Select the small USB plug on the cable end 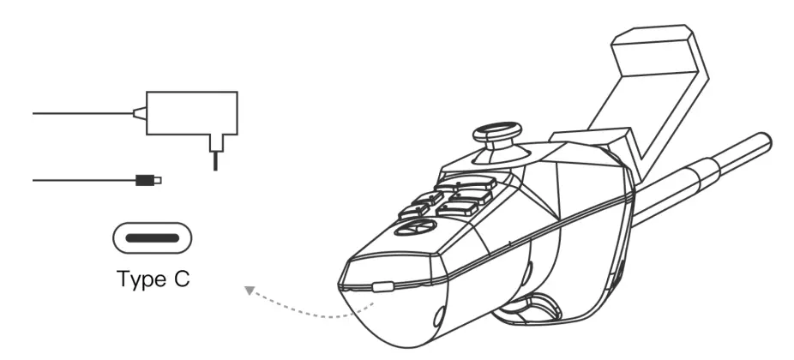click(147, 180)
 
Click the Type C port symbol click(151, 237)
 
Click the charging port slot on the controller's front click(383, 289)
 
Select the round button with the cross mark click(411, 229)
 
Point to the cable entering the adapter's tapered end click(86, 111)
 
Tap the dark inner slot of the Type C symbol click(151, 237)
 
